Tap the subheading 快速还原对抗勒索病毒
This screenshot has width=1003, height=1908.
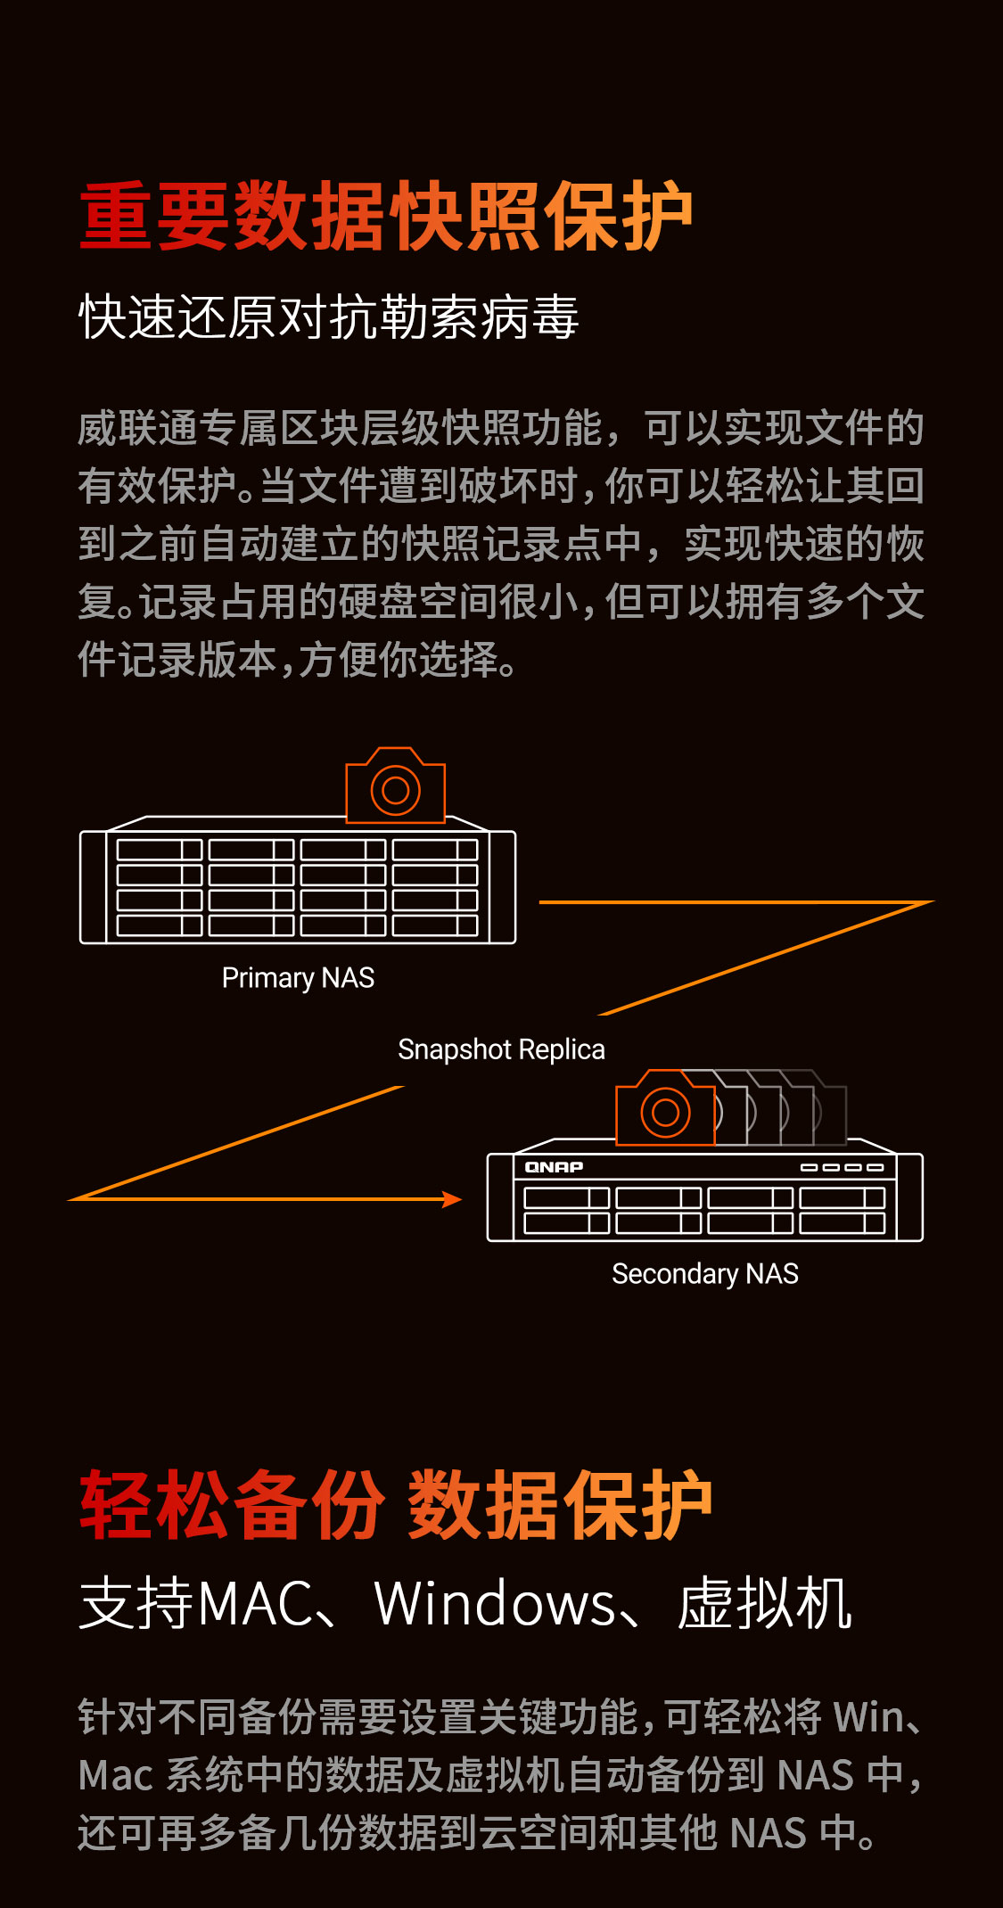329,317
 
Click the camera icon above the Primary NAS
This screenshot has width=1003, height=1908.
396,785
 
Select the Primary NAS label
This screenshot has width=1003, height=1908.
298,978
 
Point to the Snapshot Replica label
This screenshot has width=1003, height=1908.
501,1049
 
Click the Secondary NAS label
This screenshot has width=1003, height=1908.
705,1274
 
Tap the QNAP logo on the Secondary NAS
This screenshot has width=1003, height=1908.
554,1167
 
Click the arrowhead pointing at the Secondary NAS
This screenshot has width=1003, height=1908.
453,1199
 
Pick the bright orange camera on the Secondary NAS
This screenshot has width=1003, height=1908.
666,1107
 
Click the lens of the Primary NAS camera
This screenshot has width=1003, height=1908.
396,789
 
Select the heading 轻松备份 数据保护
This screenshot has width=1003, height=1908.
396,1506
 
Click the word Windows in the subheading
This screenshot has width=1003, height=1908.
495,1603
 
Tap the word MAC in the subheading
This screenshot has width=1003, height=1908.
255,1603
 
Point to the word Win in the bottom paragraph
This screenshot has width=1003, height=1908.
869,1717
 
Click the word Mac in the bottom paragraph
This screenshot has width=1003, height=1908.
115,1775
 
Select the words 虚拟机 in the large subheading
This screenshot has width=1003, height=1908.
765,1603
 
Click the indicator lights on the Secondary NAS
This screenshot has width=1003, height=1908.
842,1167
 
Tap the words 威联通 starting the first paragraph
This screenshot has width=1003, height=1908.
137,428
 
